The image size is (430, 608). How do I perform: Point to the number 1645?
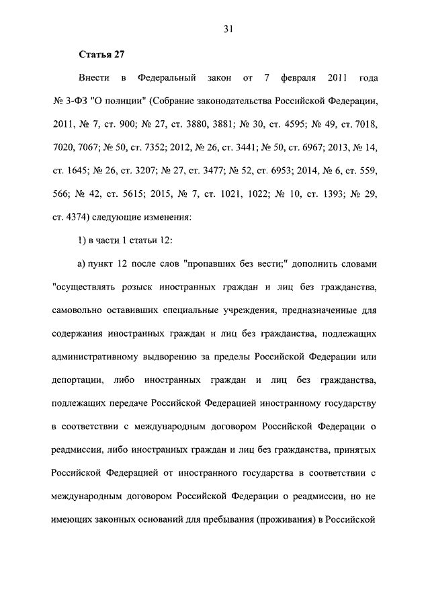pyautogui.click(x=80, y=171)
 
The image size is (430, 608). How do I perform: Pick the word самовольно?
pyautogui.click(x=79, y=311)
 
